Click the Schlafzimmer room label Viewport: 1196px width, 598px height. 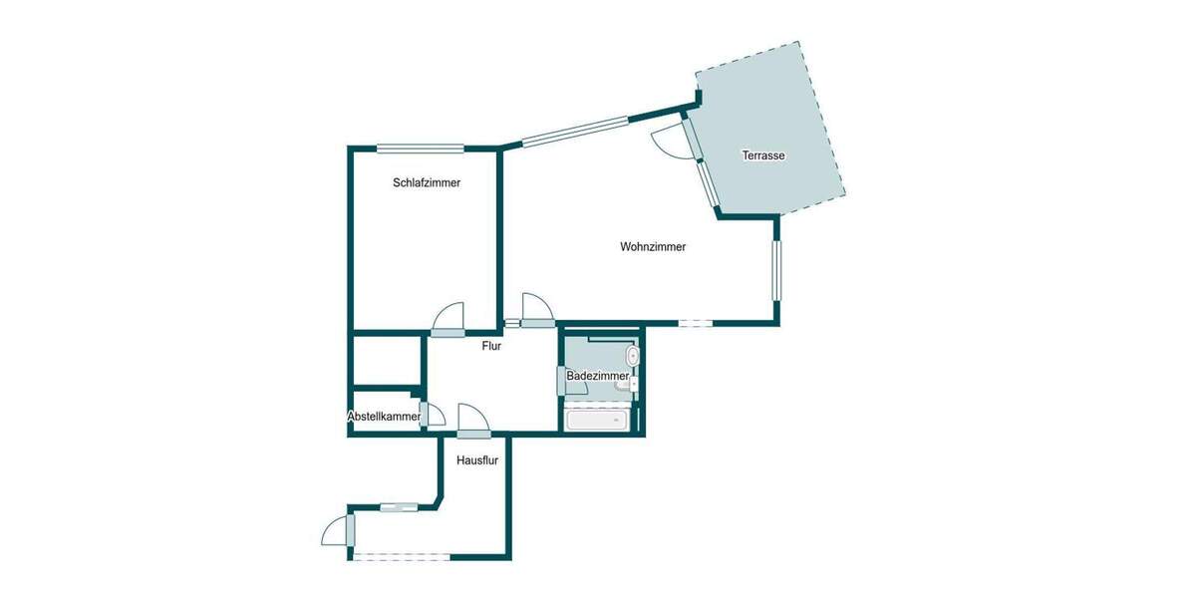pos(427,183)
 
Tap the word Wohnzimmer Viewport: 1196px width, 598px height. pos(653,247)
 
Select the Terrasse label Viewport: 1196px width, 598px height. pos(764,156)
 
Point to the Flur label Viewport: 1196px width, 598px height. pos(491,347)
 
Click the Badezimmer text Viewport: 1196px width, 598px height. pos(597,376)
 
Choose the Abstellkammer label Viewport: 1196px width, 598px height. pos(384,417)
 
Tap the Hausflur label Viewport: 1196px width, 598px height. pos(477,461)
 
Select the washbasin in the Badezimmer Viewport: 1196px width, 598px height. pos(631,355)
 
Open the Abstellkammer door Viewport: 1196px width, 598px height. pos(433,414)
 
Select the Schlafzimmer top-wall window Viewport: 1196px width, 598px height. pos(421,149)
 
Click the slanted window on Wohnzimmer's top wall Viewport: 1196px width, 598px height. pos(575,133)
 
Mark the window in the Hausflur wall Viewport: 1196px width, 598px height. pos(399,507)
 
